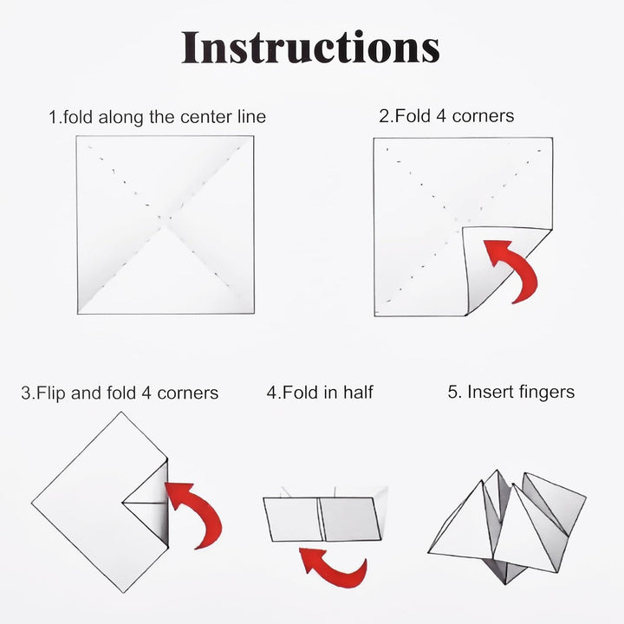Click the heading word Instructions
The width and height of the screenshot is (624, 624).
point(310,47)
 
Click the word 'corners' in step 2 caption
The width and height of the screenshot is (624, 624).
point(483,116)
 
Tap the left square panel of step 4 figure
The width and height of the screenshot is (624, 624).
point(294,519)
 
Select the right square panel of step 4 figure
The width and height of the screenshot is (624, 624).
point(350,519)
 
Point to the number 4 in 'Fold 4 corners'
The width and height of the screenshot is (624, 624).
point(441,116)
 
